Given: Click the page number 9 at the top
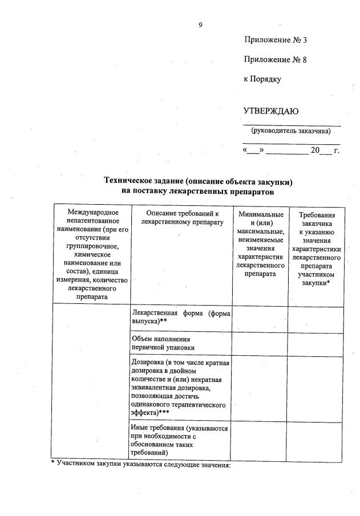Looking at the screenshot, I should [x=201, y=25].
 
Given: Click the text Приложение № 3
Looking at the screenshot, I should [x=275, y=40].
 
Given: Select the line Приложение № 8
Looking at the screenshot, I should [x=275, y=59].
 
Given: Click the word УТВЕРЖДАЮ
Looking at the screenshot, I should [x=270, y=111].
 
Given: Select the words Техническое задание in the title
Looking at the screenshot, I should [x=136, y=181].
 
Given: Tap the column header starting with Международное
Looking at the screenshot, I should [x=91, y=254].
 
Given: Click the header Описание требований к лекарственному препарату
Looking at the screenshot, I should [x=181, y=217].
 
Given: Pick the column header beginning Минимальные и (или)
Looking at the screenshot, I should [x=260, y=243].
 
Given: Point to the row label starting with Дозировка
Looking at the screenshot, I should [x=180, y=389].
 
